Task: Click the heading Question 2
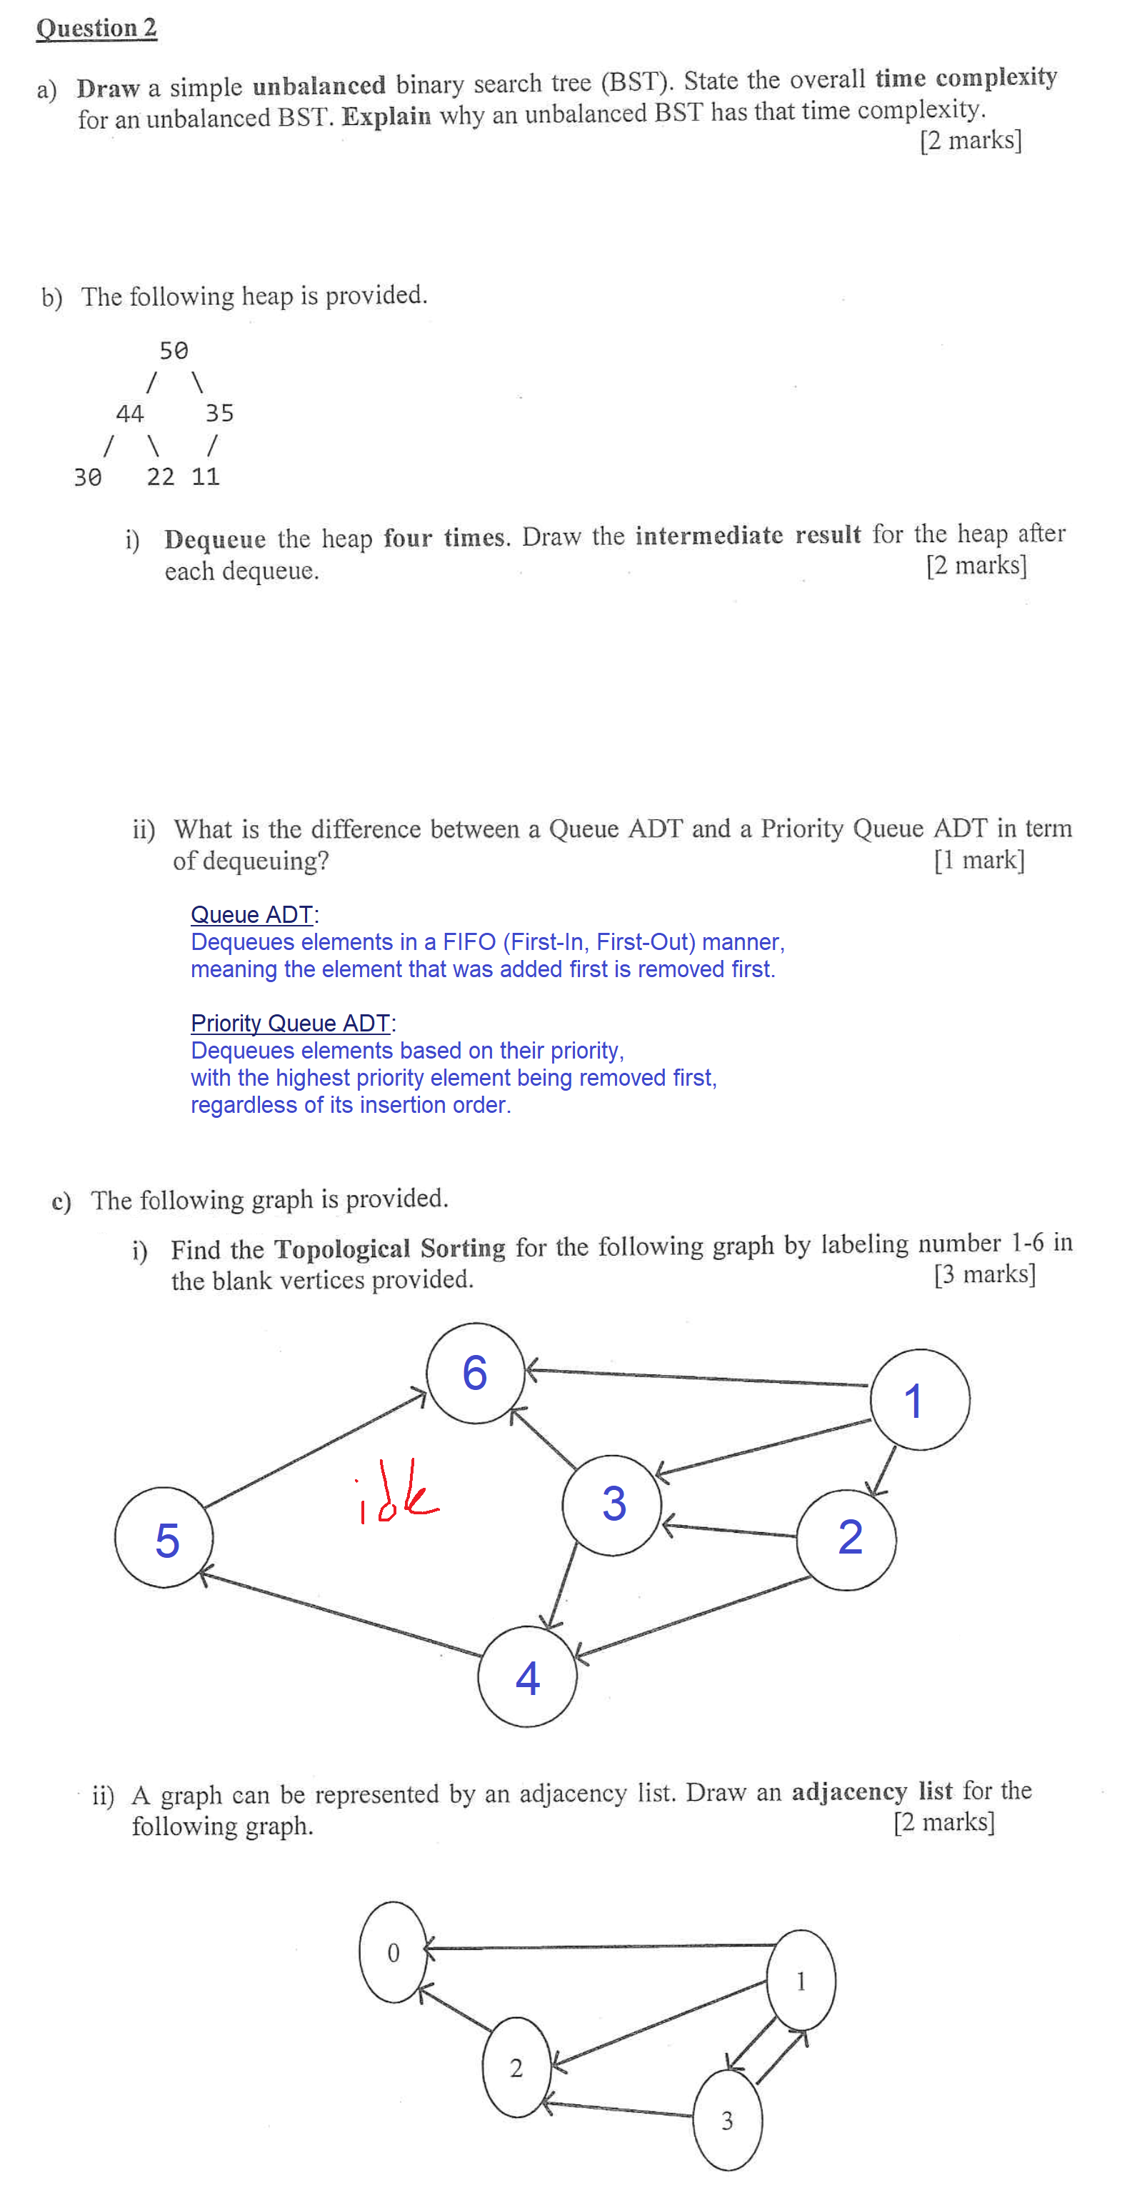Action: [x=96, y=28]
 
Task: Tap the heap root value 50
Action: [x=174, y=350]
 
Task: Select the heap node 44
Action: [x=130, y=414]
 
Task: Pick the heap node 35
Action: [x=219, y=414]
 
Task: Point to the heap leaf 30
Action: [x=87, y=476]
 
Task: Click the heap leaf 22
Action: [x=161, y=476]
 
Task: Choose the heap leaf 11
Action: [x=205, y=476]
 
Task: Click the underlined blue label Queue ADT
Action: [x=252, y=915]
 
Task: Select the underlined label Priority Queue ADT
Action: [x=291, y=1023]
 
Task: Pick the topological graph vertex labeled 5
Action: [x=165, y=1538]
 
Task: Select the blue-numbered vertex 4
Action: [x=527, y=1677]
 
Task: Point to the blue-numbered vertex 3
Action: [x=613, y=1505]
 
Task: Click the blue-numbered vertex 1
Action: [x=919, y=1400]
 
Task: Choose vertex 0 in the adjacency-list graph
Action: [x=393, y=1952]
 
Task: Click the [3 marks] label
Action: [x=984, y=1274]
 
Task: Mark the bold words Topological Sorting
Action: [x=389, y=1249]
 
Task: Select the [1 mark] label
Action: [x=978, y=859]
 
